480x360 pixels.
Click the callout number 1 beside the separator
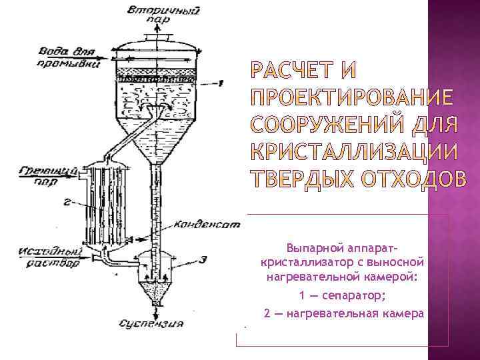(x=219, y=82)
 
